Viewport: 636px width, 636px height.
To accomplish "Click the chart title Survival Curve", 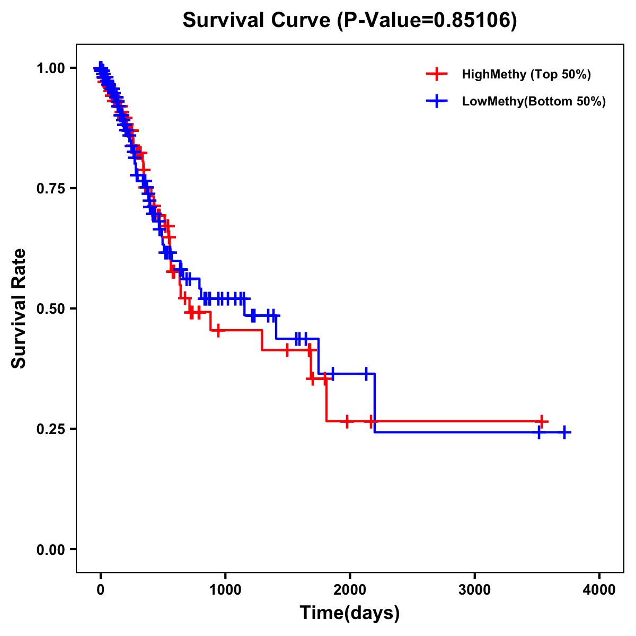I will coord(258,21).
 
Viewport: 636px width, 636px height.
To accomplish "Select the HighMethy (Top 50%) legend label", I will coord(526,74).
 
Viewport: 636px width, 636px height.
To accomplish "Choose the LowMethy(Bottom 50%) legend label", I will coord(534,101).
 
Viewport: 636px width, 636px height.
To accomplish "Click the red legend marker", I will coord(436,74).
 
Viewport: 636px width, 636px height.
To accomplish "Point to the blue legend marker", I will coord(436,101).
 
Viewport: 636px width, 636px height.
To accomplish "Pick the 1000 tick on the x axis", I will coord(225,589).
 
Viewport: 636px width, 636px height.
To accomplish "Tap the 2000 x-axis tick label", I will coord(350,589).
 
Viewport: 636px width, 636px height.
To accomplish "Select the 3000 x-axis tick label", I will coord(475,589).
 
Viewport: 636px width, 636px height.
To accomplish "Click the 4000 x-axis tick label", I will coord(599,589).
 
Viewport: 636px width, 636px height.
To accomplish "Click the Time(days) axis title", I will coord(350,613).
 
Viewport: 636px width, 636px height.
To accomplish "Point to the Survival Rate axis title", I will coord(19,308).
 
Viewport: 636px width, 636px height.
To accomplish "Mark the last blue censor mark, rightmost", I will coord(565,432).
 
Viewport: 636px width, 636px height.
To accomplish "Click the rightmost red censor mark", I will coord(542,421).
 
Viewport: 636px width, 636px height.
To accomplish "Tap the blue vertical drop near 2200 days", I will coord(375,403).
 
